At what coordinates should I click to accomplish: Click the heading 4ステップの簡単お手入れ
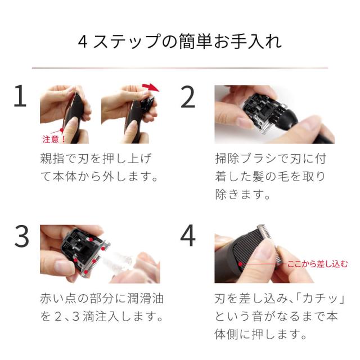179,43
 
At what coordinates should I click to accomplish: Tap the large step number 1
20,97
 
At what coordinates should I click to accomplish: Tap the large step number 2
187,97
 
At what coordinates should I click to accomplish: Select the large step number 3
21,237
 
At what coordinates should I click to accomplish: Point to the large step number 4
188,236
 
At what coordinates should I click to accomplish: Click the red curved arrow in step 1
150,87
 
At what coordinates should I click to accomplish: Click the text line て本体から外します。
99,177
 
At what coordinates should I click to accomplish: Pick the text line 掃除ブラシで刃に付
270,158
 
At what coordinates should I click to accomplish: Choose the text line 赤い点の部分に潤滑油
102,298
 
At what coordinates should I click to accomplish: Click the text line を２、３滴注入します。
102,317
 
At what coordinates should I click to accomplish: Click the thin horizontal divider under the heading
179,68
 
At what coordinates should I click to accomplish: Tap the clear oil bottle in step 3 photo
124,262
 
